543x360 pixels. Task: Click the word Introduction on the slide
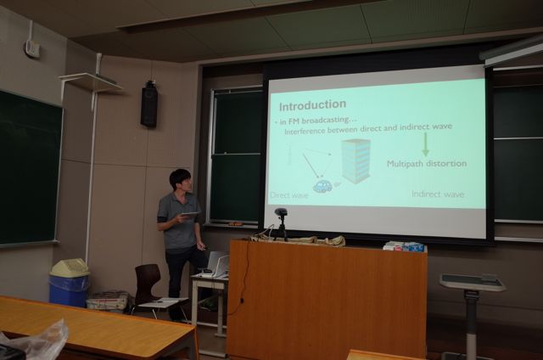[312, 105]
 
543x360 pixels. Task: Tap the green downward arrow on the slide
[426, 144]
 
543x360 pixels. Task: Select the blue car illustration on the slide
[322, 186]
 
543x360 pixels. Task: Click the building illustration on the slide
[355, 160]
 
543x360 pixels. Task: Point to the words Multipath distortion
[427, 164]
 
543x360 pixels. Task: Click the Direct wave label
[289, 195]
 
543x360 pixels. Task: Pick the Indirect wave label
[438, 194]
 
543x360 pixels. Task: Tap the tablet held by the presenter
[190, 215]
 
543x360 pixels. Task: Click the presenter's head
[181, 180]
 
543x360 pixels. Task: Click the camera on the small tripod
[281, 212]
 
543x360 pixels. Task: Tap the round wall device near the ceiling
[32, 48]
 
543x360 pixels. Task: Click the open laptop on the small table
[216, 264]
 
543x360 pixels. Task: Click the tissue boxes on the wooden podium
[405, 246]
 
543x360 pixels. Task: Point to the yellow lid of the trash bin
[70, 267]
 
